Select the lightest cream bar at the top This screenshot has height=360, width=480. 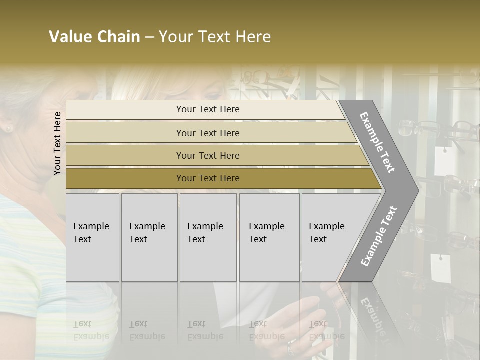pos(205,109)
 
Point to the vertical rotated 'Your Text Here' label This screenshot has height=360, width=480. pos(57,143)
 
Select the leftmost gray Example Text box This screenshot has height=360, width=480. pos(92,237)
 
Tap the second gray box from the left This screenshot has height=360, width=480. pos(149,237)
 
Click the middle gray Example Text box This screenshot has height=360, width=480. pos(208,237)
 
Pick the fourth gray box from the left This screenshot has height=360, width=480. pos(269,237)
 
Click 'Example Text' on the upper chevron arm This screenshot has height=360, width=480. pos(377,142)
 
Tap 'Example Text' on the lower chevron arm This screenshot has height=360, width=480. pos(379,236)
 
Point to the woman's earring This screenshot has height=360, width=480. pos(7,129)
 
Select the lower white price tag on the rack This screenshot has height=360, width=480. pos(440,268)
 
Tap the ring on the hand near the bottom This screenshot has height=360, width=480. pos(290,348)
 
